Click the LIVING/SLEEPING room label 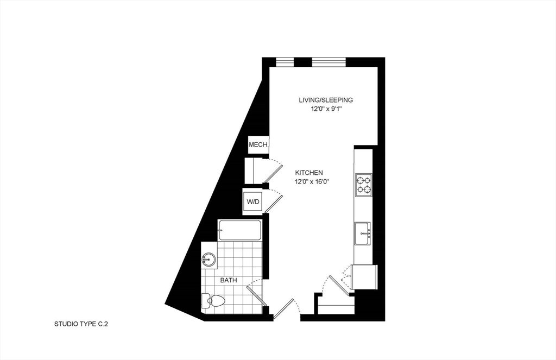click(x=326, y=100)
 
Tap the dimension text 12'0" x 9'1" click(x=326, y=109)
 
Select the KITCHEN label click(x=309, y=172)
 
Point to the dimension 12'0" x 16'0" click(x=312, y=181)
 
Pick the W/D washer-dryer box click(x=254, y=202)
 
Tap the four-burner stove click(x=363, y=185)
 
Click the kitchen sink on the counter click(x=363, y=233)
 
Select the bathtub click(x=239, y=230)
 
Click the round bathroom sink click(x=209, y=260)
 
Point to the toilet click(x=214, y=300)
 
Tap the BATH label click(x=228, y=280)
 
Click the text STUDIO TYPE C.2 click(x=84, y=324)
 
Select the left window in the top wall click(x=285, y=61)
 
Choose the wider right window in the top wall click(x=328, y=61)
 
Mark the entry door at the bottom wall click(x=285, y=310)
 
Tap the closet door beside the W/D click(x=274, y=202)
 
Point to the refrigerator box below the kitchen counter click(x=364, y=277)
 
